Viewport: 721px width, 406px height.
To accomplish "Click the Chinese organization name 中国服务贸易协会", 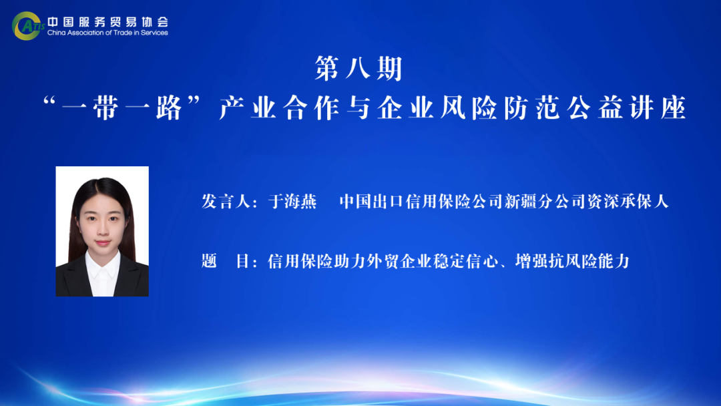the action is (108, 21).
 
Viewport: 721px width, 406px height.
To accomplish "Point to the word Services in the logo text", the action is (154, 33).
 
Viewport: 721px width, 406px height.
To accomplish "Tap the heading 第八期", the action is (358, 69).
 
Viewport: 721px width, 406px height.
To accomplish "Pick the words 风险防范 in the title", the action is (500, 108).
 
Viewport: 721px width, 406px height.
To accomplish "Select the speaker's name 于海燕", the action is (292, 202).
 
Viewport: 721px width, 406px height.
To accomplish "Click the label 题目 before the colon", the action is (226, 261).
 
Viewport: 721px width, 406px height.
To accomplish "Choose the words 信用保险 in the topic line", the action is (300, 261).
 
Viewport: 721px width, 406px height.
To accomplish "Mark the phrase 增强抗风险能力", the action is (573, 261).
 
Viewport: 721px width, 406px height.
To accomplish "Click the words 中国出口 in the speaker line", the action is (372, 202).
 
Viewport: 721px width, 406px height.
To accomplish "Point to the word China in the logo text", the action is (57, 33).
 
